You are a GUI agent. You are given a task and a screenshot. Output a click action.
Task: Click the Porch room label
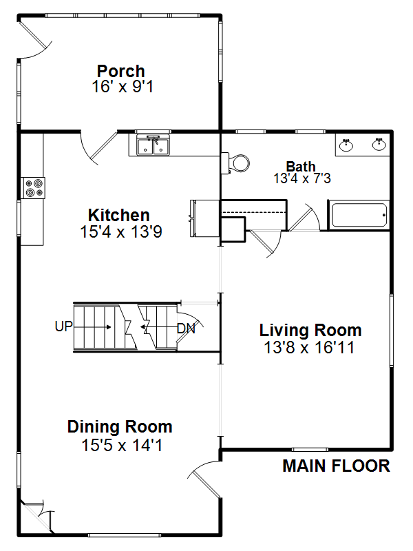pos(121,71)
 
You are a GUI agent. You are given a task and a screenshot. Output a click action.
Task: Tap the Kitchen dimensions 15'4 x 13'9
pos(121,231)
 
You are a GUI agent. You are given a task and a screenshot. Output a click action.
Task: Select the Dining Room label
pos(120,426)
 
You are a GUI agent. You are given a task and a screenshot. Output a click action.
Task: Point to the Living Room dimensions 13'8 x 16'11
pos(309,348)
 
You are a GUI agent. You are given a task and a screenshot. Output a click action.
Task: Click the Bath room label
pos(301,166)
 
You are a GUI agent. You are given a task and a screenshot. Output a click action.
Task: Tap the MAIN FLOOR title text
pos(336,466)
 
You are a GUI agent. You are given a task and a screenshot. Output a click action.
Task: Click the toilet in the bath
pos(235,163)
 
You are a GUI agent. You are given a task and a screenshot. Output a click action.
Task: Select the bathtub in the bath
pos(359,215)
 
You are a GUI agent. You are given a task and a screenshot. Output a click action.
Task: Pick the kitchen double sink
pos(153,145)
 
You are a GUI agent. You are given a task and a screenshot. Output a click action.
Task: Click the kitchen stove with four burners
pos(34,188)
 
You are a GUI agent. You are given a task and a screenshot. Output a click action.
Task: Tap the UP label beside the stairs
pos(63,326)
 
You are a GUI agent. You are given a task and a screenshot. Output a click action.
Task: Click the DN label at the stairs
pos(186,329)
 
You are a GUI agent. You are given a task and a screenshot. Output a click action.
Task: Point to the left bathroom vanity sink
pos(346,145)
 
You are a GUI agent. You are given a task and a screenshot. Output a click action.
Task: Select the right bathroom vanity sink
pos(379,145)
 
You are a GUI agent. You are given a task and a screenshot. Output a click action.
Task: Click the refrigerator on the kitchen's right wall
pos(205,218)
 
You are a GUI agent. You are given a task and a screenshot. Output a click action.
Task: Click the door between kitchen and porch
pos(98,147)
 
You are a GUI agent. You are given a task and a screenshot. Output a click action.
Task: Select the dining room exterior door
pos(204,479)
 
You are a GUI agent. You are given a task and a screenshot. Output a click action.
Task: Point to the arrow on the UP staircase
pos(93,327)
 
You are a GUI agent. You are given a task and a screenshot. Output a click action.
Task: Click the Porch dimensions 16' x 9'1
pos(123,87)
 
